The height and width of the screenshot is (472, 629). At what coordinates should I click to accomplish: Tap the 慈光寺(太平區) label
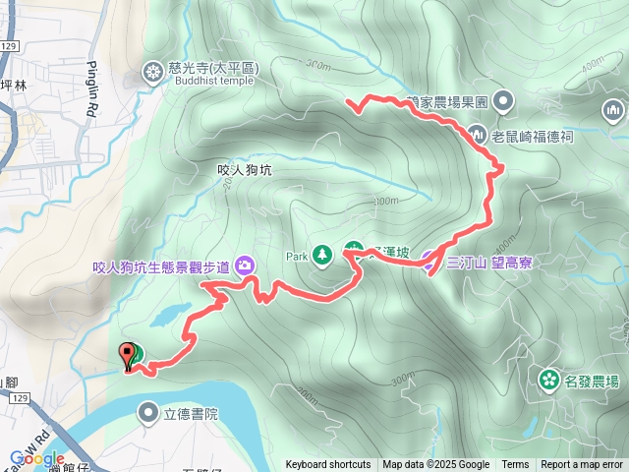coord(211,67)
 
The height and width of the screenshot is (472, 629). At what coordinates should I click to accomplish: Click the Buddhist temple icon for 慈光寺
coord(152,70)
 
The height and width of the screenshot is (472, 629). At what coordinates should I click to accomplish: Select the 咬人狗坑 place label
coord(243,170)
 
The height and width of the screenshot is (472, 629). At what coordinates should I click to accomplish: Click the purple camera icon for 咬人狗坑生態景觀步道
coord(244,265)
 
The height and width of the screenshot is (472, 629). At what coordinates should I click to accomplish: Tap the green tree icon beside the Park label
coord(321,256)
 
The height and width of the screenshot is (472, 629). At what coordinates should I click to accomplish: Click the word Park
coord(298,256)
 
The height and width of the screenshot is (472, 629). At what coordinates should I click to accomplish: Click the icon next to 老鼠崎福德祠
coord(478,133)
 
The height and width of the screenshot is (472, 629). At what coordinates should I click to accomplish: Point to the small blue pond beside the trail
coord(170,315)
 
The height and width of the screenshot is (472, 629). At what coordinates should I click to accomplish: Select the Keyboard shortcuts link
coord(328,465)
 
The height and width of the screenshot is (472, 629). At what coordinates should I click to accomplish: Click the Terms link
coord(515,465)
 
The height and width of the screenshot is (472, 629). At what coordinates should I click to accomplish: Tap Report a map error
coord(582,465)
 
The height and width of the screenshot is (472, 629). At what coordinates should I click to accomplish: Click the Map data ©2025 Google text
coord(436,465)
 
